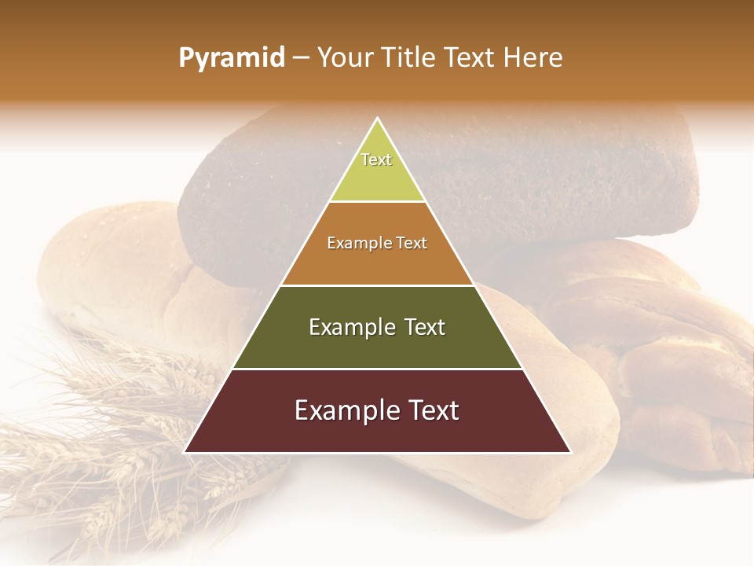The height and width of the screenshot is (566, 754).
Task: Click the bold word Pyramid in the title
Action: point(232,58)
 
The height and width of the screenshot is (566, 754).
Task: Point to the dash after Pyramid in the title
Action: point(301,59)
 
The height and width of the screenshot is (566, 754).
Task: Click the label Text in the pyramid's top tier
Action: point(376,160)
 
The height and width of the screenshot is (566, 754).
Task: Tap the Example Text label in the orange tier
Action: point(377,243)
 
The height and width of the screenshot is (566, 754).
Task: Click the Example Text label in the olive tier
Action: point(377,327)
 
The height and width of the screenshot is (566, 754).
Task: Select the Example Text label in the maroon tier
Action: point(377,410)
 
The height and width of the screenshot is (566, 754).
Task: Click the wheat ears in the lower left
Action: point(118,440)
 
